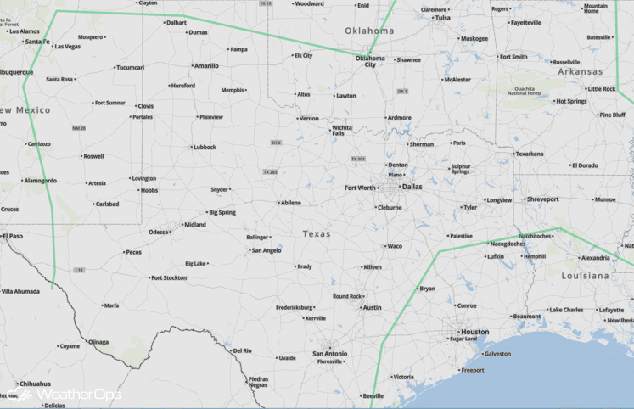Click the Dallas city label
(x=412, y=187)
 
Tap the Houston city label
(x=474, y=332)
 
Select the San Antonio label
(x=329, y=353)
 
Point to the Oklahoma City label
(x=369, y=61)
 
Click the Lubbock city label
(x=205, y=147)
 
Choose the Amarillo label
(x=206, y=65)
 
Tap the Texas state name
(x=317, y=233)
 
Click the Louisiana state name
(x=585, y=276)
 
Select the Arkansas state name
(x=580, y=72)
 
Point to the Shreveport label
(x=542, y=199)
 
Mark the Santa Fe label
(x=37, y=41)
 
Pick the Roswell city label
(x=93, y=156)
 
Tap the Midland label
(x=194, y=225)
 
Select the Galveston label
(x=497, y=353)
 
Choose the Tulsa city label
(x=442, y=17)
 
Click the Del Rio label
(x=242, y=350)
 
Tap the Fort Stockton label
(x=170, y=277)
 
